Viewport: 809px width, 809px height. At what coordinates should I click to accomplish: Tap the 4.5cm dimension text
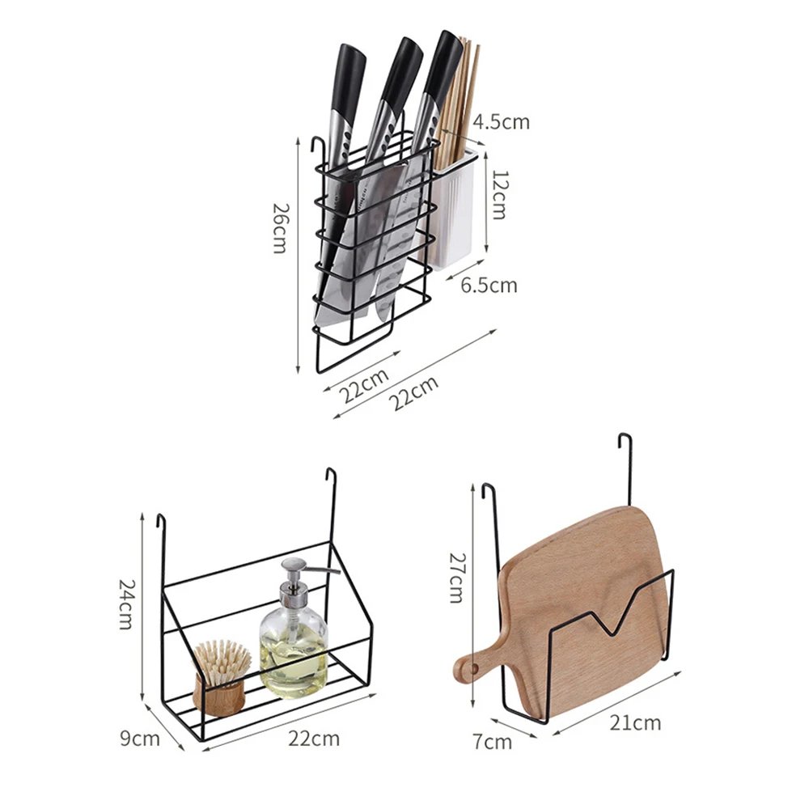502,121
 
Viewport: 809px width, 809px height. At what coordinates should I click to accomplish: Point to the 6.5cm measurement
489,285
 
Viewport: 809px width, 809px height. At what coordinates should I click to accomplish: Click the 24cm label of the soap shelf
128,605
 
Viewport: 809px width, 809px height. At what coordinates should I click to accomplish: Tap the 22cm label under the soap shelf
314,738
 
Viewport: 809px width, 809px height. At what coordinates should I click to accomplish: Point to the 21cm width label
636,722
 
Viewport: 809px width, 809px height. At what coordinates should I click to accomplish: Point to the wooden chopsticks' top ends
466,49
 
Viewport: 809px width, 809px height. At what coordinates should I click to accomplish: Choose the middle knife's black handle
401,73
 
